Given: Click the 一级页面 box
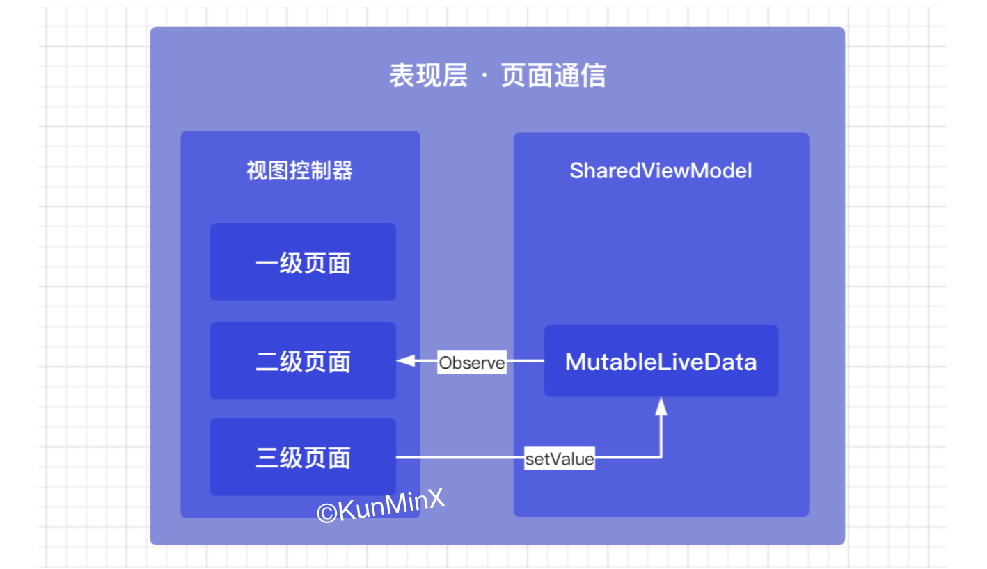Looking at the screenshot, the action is pyautogui.click(x=303, y=262).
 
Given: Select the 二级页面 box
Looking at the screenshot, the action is pyautogui.click(x=303, y=361).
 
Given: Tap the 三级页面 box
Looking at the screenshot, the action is pyautogui.click(x=303, y=457).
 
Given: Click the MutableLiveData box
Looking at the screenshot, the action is pyautogui.click(x=661, y=361).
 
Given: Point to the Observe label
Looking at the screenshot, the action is pyautogui.click(x=472, y=362).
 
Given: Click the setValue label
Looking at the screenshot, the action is pyautogui.click(x=559, y=458).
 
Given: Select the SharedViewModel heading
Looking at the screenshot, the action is pyautogui.click(x=661, y=170).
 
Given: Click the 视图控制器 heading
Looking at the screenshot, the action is pyautogui.click(x=299, y=170).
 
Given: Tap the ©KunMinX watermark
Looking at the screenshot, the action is pyautogui.click(x=381, y=506).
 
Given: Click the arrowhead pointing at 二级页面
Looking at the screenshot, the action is pyautogui.click(x=405, y=361).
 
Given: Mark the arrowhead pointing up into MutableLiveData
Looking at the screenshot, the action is pyautogui.click(x=661, y=406).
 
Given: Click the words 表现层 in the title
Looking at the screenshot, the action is pyautogui.click(x=428, y=75).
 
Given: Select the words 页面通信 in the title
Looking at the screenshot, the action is pyautogui.click(x=553, y=75).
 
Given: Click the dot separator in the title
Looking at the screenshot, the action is pyautogui.click(x=484, y=76).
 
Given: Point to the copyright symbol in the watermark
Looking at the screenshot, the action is pyautogui.click(x=326, y=513).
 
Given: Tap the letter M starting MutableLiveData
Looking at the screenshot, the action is pyautogui.click(x=575, y=362).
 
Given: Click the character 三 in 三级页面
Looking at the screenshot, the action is pyautogui.click(x=267, y=458).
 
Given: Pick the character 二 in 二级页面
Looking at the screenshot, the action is pyautogui.click(x=267, y=362).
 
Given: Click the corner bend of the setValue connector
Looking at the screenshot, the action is pyautogui.click(x=661, y=458).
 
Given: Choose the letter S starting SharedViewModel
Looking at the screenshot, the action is pyautogui.click(x=577, y=170).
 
